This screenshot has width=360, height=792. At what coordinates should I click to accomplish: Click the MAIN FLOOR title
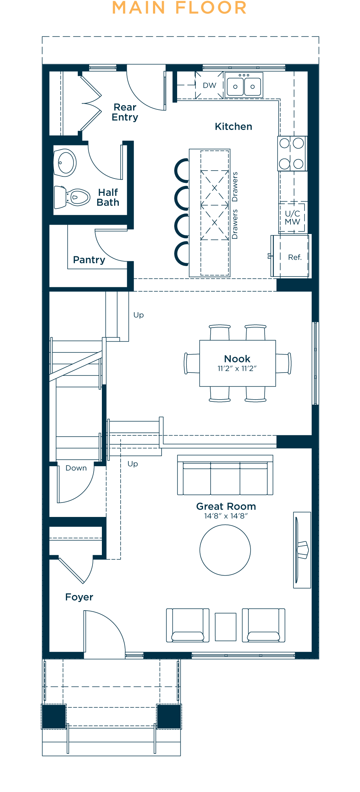point(179,8)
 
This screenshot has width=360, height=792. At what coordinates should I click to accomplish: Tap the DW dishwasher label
point(210,86)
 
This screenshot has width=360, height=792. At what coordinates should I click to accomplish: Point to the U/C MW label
point(292,218)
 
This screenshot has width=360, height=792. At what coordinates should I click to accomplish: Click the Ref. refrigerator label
point(294,257)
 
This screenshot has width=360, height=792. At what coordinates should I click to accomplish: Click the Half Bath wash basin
point(65,163)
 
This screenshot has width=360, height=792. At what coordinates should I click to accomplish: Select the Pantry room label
point(89,260)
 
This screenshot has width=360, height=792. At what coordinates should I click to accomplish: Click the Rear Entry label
point(125,112)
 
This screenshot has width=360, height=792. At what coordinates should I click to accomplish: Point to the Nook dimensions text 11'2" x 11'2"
point(237,369)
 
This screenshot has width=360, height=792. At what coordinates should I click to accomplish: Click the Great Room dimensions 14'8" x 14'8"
point(226,516)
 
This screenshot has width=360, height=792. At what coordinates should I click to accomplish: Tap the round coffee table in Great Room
point(225,550)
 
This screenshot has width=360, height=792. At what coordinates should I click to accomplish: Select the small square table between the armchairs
point(225,627)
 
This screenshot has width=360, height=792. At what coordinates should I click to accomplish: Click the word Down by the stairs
point(76,468)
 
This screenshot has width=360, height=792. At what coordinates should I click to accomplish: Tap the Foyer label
point(79,597)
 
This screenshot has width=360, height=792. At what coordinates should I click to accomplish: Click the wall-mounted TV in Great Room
point(301,550)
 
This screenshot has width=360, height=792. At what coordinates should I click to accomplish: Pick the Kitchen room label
point(233,127)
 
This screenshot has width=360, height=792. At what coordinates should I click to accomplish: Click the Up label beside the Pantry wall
point(139,315)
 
